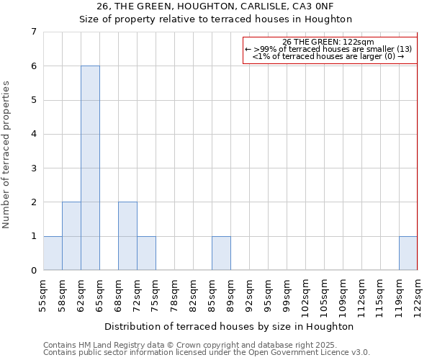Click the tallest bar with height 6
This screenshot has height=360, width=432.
click(90, 168)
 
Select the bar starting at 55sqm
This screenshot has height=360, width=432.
click(53, 253)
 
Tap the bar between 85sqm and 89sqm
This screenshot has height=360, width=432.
click(221, 253)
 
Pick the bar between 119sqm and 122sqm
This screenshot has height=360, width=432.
click(408, 253)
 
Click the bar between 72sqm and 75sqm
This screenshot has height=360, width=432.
click(146, 253)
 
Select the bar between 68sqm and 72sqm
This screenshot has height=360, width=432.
click(127, 236)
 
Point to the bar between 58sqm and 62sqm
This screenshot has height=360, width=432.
click(71, 236)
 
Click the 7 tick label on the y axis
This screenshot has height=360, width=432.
click(33, 32)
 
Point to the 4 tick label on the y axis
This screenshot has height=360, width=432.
click(33, 134)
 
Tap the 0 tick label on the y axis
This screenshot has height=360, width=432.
click(33, 271)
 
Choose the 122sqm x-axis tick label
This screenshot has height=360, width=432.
click(418, 297)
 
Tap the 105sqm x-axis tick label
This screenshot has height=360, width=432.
click(324, 297)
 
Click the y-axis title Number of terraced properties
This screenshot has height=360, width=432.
click(7, 154)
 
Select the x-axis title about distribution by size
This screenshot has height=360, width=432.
click(229, 326)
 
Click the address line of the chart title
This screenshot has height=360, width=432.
click(215, 7)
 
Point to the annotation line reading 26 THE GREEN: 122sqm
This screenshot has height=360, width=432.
click(328, 42)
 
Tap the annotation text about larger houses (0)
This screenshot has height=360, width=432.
click(328, 56)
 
